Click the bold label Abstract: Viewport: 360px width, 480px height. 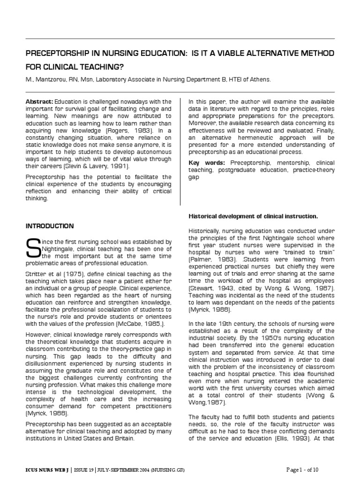tap(39, 101)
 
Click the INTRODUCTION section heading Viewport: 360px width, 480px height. tap(49, 226)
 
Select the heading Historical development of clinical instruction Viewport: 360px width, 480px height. tap(253, 216)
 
